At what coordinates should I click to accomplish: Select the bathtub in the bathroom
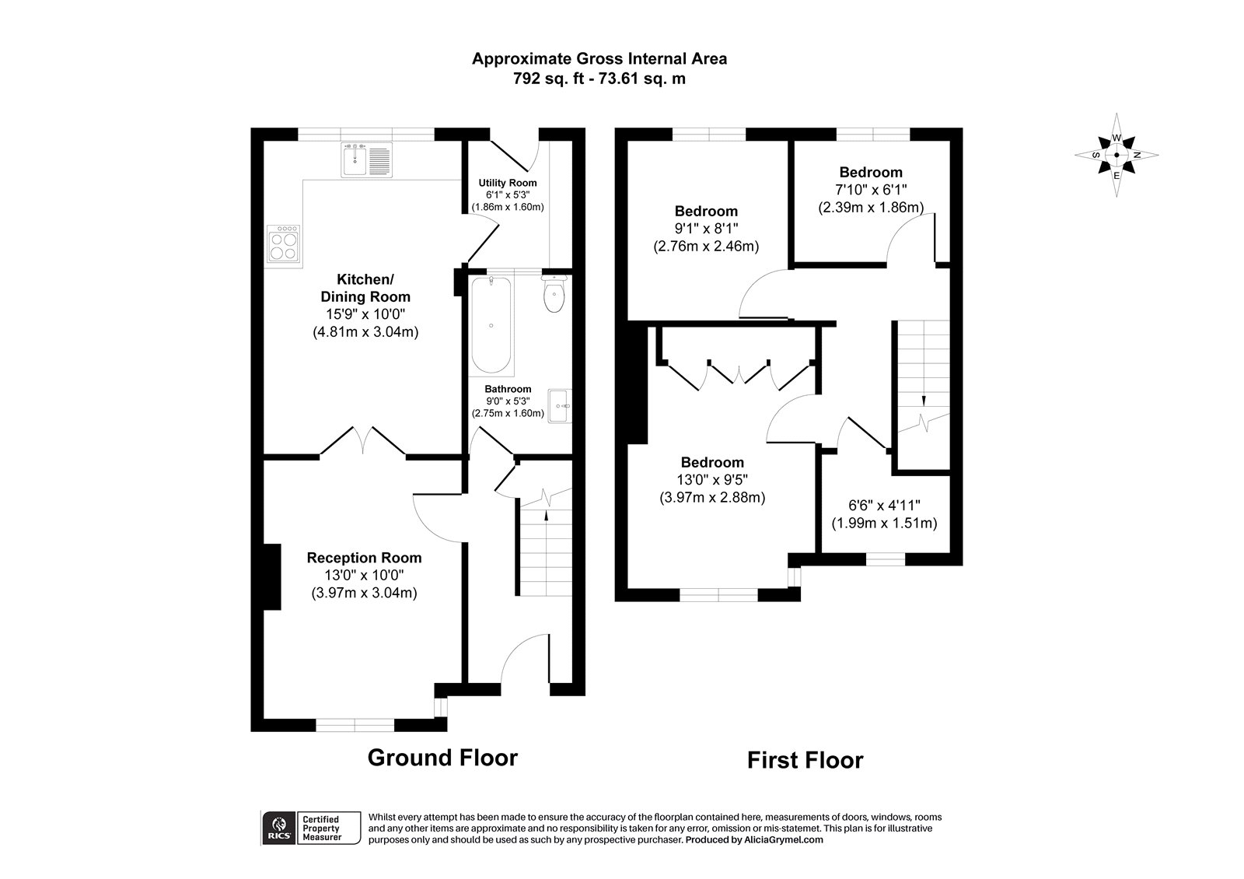491,325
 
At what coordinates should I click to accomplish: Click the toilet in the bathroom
554,296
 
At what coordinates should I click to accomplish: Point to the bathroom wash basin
559,405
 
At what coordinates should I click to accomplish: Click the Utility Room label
507,183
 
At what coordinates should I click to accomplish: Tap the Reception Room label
364,558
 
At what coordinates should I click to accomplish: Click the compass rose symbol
1116,155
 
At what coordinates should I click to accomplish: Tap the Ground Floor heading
442,757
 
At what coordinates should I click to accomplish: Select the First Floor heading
805,759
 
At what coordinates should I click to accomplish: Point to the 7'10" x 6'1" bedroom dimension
870,190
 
